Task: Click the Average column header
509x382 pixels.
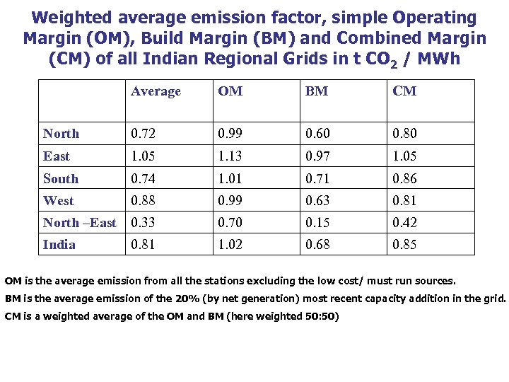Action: tap(156, 91)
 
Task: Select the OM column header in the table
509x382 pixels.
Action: tap(230, 91)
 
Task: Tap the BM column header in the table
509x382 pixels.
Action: tap(317, 91)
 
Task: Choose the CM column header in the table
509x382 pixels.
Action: tap(404, 91)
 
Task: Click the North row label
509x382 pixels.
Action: tap(61, 134)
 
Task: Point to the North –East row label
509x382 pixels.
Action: tap(79, 223)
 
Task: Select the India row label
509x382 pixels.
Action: tap(59, 245)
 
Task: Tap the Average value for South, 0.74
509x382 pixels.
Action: tap(144, 179)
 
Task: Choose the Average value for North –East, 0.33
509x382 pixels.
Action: tap(144, 223)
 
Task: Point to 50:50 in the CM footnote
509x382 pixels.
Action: tap(321, 316)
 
